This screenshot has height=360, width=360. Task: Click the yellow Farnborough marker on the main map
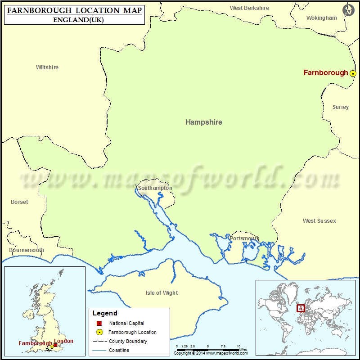(353, 73)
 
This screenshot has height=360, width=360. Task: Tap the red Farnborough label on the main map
(326, 72)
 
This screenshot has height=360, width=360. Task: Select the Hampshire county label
(204, 122)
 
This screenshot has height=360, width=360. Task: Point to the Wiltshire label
(47, 67)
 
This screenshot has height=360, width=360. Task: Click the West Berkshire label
(249, 8)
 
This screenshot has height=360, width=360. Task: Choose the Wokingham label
(321, 18)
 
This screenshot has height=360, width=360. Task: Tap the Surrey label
(341, 107)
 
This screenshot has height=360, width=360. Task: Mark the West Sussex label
(319, 221)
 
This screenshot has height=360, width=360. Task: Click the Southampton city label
(155, 188)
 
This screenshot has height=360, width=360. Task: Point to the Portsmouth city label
(244, 238)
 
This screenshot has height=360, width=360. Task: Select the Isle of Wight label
(162, 293)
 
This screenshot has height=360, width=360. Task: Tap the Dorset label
(19, 202)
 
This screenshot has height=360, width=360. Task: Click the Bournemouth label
(27, 250)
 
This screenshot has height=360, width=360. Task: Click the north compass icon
(348, 10)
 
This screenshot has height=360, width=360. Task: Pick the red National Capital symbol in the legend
(99, 323)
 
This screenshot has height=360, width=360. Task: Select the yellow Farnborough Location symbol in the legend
(99, 332)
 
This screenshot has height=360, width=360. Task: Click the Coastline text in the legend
(119, 350)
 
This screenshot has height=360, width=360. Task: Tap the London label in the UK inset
(63, 341)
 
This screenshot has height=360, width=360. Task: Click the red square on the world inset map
(301, 308)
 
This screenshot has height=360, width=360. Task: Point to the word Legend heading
(105, 313)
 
